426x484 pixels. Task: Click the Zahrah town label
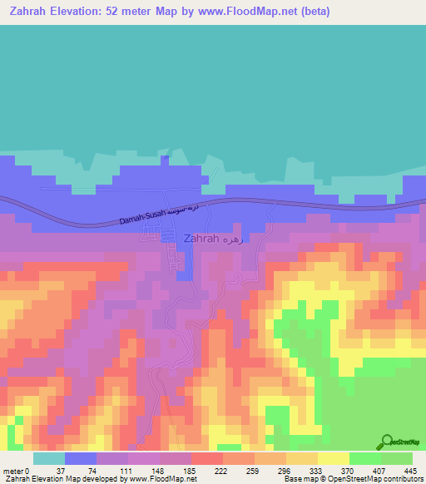pyautogui.click(x=201, y=238)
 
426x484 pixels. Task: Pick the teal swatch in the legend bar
pyautogui.click(x=48, y=458)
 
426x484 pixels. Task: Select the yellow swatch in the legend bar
pyautogui.click(x=333, y=458)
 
